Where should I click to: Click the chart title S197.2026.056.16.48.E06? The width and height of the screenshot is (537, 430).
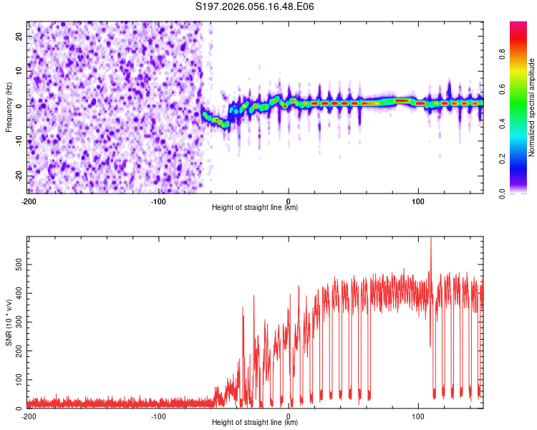coord(255,6)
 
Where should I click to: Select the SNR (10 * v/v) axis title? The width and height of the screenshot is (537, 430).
coord(9,322)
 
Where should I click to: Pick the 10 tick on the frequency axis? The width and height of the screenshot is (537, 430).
coord(19,71)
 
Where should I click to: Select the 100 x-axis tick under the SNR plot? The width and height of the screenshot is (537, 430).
coord(418,416)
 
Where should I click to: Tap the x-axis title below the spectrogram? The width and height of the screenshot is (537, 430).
coord(255,208)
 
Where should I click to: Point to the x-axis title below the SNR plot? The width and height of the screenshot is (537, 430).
coord(255,423)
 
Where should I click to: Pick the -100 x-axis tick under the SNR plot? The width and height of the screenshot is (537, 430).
coord(158,416)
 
